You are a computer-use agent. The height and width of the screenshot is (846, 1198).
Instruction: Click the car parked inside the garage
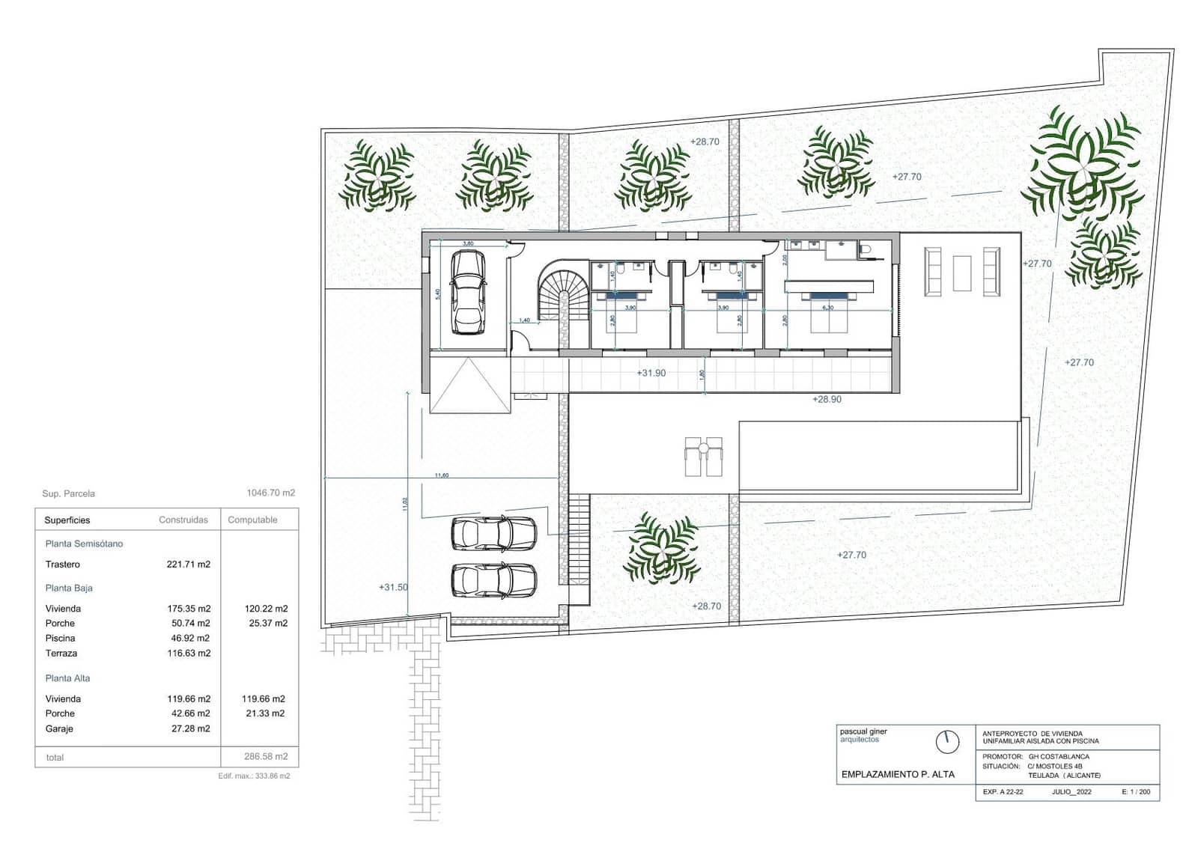click(468, 292)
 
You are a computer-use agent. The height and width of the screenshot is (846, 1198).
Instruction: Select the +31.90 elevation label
click(651, 373)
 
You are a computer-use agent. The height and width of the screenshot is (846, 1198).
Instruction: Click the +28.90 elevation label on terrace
click(827, 400)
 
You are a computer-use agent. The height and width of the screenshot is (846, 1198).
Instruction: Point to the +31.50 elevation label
click(393, 588)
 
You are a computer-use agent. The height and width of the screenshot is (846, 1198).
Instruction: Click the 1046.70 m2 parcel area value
click(270, 493)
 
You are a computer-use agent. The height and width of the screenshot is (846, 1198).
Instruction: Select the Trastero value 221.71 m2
click(188, 564)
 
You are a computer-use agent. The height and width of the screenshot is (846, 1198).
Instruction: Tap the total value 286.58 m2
click(265, 757)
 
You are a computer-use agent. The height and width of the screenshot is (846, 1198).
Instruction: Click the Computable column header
click(252, 520)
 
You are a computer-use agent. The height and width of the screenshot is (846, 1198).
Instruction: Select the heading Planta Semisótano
click(84, 544)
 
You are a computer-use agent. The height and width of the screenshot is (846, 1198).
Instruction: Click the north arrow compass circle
click(947, 742)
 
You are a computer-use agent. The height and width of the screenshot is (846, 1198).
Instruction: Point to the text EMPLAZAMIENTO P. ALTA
click(898, 775)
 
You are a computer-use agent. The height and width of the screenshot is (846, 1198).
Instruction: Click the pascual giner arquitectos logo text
click(863, 735)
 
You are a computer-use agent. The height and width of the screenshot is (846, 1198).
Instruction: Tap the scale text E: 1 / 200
click(1135, 792)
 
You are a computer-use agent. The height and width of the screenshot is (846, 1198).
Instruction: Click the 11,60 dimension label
click(442, 475)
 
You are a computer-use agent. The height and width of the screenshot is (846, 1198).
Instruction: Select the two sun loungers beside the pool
click(704, 457)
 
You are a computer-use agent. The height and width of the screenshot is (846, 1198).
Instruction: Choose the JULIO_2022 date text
click(1071, 792)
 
